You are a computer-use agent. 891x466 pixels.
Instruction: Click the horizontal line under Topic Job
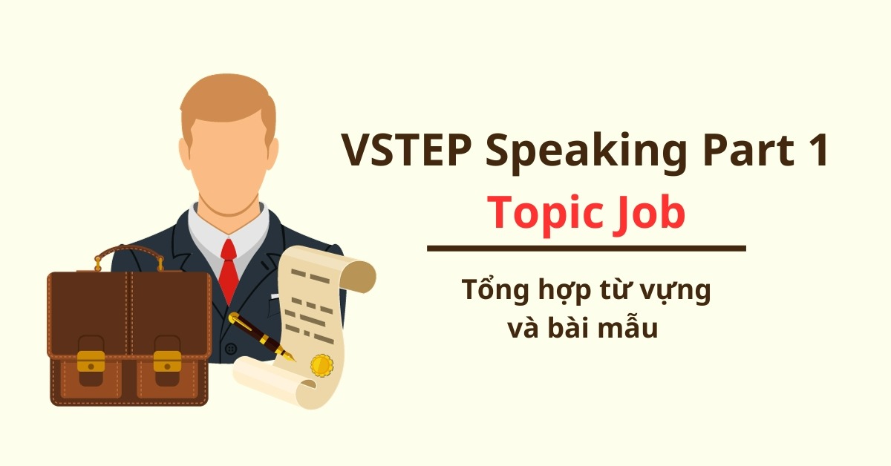[586, 249]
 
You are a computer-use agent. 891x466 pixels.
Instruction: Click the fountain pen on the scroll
[260, 337]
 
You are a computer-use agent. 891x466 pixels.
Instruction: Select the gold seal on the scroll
[322, 365]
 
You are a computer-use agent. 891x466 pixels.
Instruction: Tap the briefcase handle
[129, 256]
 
